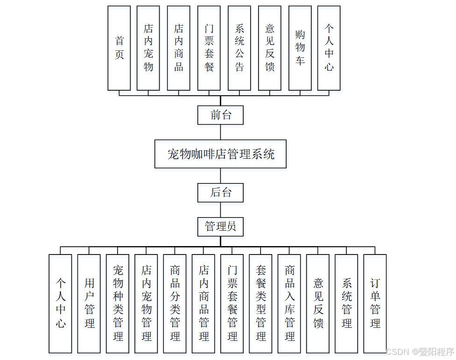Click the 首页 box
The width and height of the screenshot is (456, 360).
click(119, 48)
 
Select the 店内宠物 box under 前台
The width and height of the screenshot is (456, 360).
click(148, 48)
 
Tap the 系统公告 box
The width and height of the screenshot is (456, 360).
click(239, 48)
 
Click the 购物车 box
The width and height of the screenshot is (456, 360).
click(300, 48)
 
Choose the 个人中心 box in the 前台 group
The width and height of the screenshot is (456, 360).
click(329, 48)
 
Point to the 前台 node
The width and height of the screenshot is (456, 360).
click(220, 115)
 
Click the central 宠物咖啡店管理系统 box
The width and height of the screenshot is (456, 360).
click(220, 154)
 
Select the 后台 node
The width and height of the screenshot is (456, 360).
click(220, 192)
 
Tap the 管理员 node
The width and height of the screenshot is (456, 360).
click(220, 227)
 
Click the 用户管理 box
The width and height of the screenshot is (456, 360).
click(89, 304)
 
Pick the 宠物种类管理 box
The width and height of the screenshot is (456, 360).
click(118, 304)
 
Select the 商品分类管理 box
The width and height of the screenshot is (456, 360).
click(175, 304)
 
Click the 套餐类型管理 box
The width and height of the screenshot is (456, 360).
click(261, 304)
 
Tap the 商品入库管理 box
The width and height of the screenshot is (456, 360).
click(289, 304)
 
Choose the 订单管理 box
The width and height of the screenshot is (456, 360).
click(375, 304)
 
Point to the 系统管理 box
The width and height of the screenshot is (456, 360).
click(346, 304)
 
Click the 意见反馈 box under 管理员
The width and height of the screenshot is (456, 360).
click(318, 304)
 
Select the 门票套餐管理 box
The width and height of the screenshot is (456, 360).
click(232, 304)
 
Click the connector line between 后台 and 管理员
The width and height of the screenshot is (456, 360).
click(220, 210)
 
